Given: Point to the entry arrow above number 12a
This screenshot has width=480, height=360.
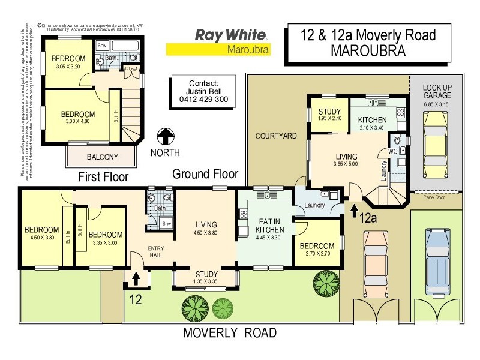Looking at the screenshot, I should (x=353, y=209).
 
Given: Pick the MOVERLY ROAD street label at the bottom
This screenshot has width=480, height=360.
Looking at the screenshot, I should (x=230, y=333).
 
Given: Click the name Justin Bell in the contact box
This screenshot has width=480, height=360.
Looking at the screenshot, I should (x=202, y=91).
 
